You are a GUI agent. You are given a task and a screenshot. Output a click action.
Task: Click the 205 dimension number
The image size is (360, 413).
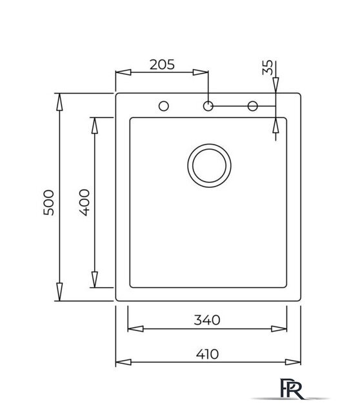[x=162, y=65]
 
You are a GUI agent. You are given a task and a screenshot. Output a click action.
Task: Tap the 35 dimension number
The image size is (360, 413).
[x=268, y=67]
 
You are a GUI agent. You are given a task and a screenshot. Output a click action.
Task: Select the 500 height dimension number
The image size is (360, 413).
[x=49, y=203]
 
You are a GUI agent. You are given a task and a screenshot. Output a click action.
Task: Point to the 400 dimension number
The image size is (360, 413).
[x=85, y=203]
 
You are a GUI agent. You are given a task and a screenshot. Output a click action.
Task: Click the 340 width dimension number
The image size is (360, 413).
[x=206, y=320]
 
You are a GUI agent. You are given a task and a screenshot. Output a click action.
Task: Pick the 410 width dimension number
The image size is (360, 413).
[x=207, y=354]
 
